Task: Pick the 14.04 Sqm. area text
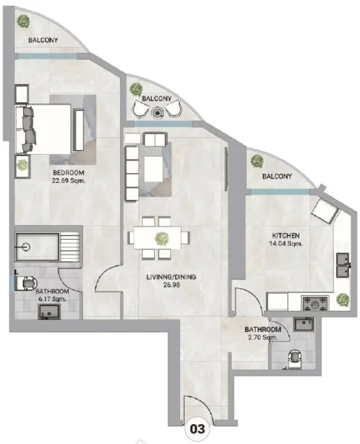(284, 243)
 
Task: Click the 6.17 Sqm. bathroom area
(54, 299)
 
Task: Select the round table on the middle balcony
(157, 113)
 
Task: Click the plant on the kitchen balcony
(257, 161)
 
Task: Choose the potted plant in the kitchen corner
(342, 299)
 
